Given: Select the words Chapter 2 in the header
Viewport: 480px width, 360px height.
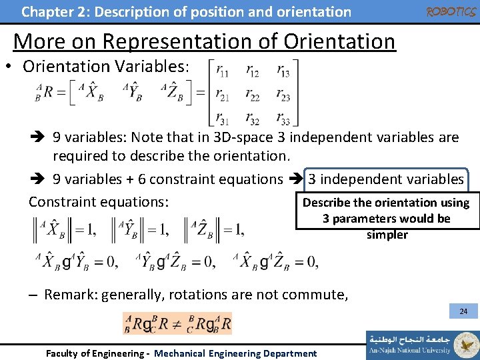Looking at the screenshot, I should (51, 11).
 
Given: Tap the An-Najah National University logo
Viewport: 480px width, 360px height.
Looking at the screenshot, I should (422, 345).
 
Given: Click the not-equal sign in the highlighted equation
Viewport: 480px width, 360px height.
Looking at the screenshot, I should (177, 324).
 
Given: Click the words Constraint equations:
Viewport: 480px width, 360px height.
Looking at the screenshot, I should (98, 202).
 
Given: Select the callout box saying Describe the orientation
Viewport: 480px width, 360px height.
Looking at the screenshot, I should (386, 218).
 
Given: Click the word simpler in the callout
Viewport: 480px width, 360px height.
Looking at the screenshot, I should (387, 235).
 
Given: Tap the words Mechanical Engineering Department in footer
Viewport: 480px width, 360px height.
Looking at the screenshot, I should (235, 353).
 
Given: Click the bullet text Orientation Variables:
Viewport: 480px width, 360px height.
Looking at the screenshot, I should (106, 67).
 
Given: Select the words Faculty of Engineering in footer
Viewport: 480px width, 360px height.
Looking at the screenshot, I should (94, 353).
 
